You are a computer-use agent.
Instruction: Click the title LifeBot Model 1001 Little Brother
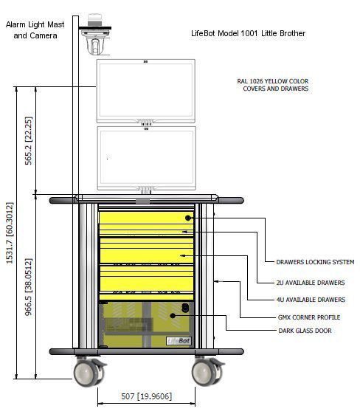248,33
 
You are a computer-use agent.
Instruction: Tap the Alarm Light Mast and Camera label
35,30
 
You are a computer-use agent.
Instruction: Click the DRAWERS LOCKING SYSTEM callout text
315,262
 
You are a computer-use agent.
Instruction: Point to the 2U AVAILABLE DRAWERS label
311,283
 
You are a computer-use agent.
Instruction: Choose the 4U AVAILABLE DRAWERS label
311,300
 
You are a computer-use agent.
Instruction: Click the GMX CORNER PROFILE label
309,317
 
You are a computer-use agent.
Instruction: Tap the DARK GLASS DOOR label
305,331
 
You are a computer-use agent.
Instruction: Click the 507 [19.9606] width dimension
147,396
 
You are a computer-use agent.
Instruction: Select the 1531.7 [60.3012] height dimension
10,233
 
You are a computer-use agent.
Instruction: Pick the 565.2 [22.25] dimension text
29,141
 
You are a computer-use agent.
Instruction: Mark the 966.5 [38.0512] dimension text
29,287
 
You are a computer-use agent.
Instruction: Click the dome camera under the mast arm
95,43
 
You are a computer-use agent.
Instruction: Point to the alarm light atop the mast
94,20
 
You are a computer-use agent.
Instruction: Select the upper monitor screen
146,91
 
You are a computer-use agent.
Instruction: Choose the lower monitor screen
147,158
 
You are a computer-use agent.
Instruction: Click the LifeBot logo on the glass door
179,341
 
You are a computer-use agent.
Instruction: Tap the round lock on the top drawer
188,218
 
